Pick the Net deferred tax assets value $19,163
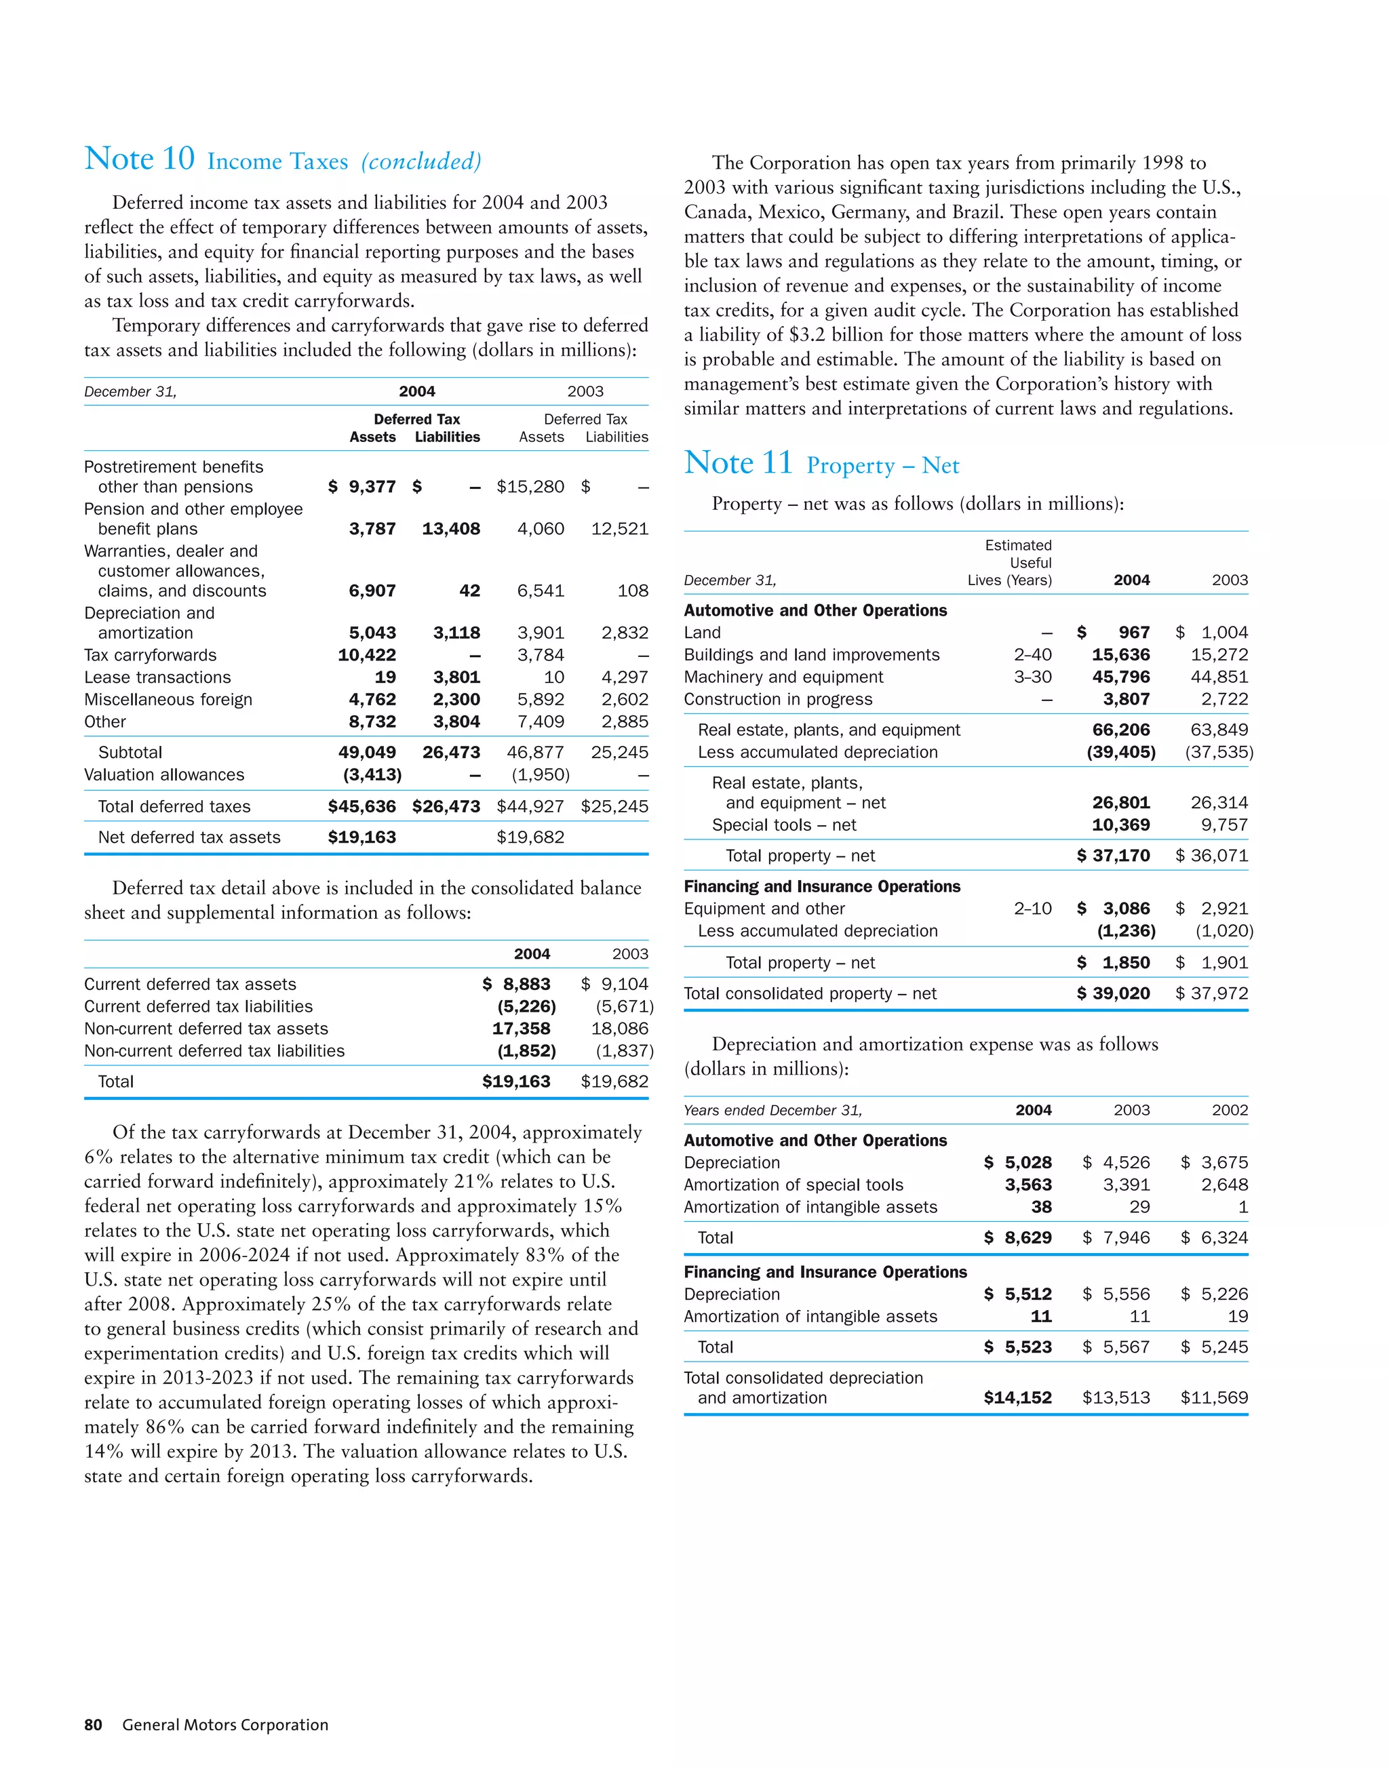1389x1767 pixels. (x=362, y=837)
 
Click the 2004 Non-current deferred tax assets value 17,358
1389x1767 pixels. (x=522, y=1029)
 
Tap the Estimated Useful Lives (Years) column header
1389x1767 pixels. (x=1010, y=563)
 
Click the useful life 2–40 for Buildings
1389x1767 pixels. (x=1032, y=654)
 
